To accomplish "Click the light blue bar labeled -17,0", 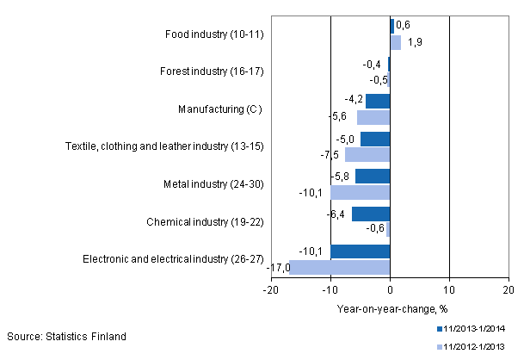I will pyautogui.click(x=340, y=267).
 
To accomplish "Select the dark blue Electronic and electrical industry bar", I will pyautogui.click(x=361, y=252).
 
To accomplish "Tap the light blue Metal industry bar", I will pyautogui.click(x=361, y=192).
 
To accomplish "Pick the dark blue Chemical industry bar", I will pyautogui.click(x=371, y=214).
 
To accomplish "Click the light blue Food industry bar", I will pyautogui.click(x=396, y=42).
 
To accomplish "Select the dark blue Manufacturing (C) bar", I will pyautogui.click(x=378, y=102).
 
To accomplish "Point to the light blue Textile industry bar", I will pyautogui.click(x=367, y=155).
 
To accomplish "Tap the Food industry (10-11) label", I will pyautogui.click(x=214, y=34).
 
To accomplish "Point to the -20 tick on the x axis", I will pyautogui.click(x=271, y=291).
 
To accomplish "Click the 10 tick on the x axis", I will pyautogui.click(x=449, y=291).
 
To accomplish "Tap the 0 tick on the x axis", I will pyautogui.click(x=390, y=291).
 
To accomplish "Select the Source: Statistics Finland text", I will pyautogui.click(x=66, y=335).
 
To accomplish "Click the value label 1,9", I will pyautogui.click(x=415, y=42).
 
